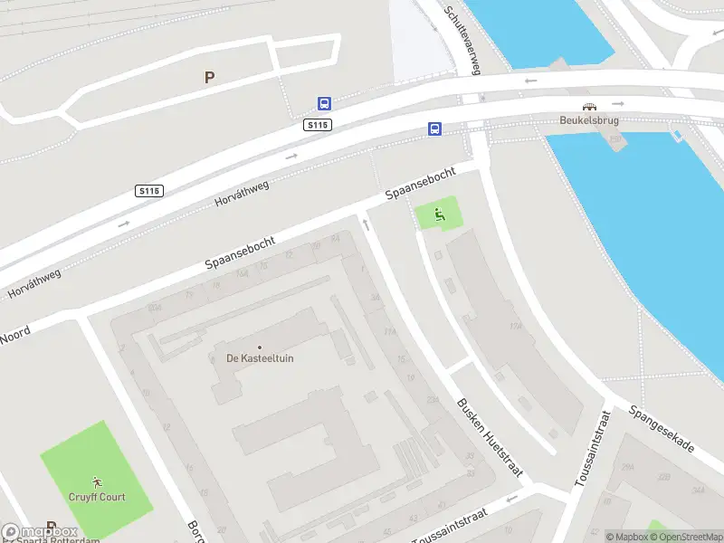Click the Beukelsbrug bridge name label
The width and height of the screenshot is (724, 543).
pyautogui.click(x=588, y=119)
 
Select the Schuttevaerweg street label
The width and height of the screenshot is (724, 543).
pyautogui.click(x=462, y=37)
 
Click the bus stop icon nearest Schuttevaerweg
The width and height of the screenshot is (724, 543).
pyautogui.click(x=435, y=129)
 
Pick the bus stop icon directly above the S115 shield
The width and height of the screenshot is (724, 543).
pyautogui.click(x=323, y=104)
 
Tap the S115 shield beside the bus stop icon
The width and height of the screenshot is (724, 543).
pyautogui.click(x=318, y=125)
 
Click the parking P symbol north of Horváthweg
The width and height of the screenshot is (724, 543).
pyautogui.click(x=209, y=78)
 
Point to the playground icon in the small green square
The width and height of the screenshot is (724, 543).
pyautogui.click(x=439, y=214)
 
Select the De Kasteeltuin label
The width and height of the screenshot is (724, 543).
pyautogui.click(x=260, y=358)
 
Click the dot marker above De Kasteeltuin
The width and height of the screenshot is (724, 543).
pyautogui.click(x=260, y=348)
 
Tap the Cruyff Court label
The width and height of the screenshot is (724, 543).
pyautogui.click(x=97, y=497)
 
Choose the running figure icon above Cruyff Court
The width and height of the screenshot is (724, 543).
pyautogui.click(x=97, y=482)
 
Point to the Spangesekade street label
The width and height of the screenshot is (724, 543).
pyautogui.click(x=662, y=428)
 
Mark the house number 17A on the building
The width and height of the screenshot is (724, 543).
pyautogui.click(x=517, y=327)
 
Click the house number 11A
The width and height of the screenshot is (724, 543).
pyautogui.click(x=390, y=332)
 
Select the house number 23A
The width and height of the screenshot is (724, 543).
pyautogui.click(x=433, y=400)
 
